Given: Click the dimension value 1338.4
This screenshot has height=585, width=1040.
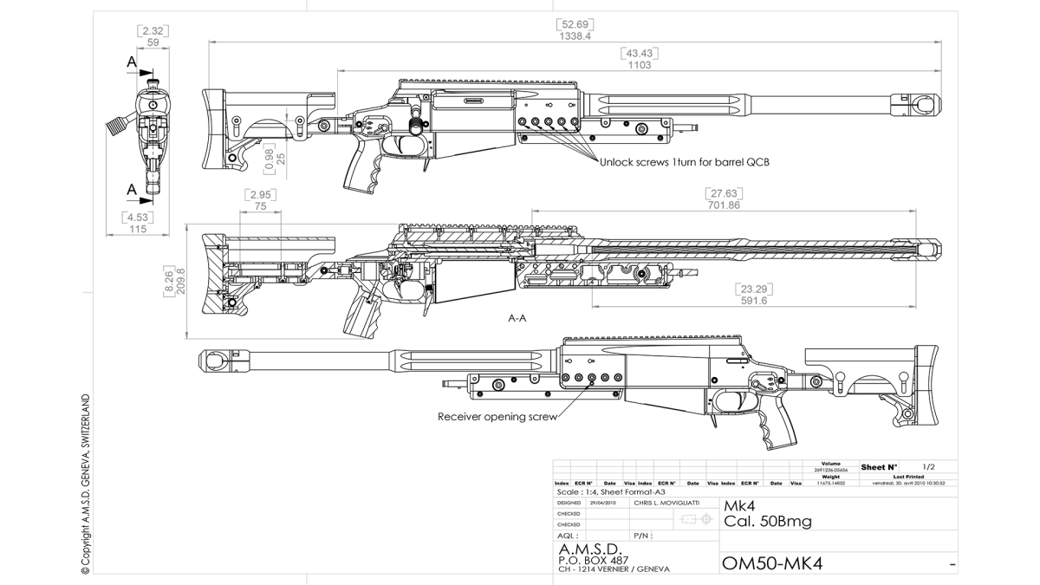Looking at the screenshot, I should coord(575,36).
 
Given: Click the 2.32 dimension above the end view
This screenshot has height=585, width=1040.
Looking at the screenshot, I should coord(153,30).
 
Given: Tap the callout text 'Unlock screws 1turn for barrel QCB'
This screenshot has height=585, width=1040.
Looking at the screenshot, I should coord(685,161).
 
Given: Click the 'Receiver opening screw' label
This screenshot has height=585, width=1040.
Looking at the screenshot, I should coord(497,416).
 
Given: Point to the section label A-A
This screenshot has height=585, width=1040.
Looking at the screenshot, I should coord(517,318).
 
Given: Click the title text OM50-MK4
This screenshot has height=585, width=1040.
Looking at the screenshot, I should coord(772,564).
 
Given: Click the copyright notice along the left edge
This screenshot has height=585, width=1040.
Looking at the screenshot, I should coord(85,485).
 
